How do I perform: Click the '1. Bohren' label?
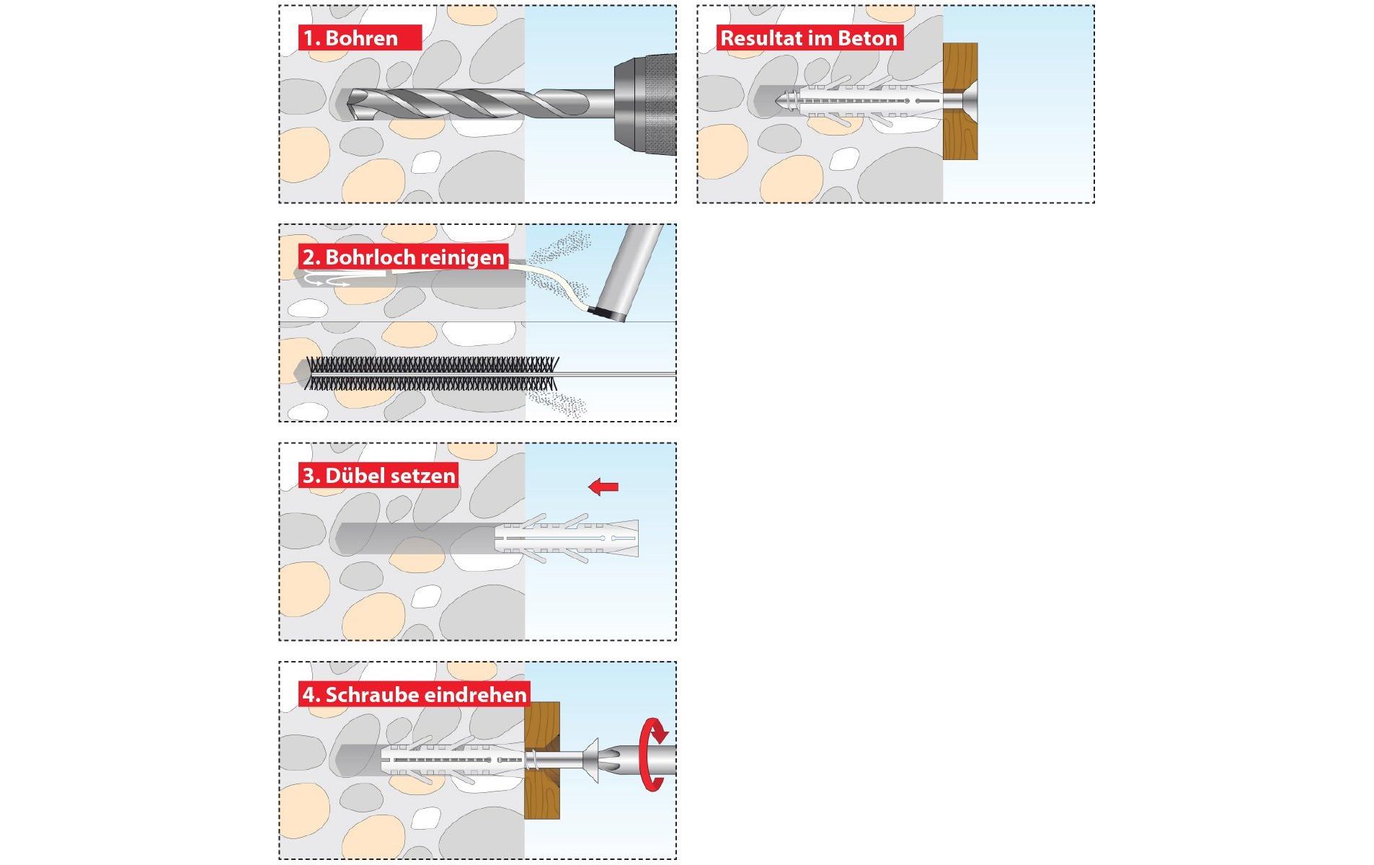pyautogui.click(x=350, y=37)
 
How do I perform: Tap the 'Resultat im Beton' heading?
pyautogui.click(x=809, y=37)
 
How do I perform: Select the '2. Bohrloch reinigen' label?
pyautogui.click(x=404, y=257)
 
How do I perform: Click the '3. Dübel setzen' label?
pyautogui.click(x=379, y=476)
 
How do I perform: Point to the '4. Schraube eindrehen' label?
pyautogui.click(x=415, y=695)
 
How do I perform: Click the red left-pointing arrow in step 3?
pyautogui.click(x=603, y=487)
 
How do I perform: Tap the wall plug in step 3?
pyautogui.click(x=567, y=538)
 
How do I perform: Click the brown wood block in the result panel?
pyautogui.click(x=960, y=101)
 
